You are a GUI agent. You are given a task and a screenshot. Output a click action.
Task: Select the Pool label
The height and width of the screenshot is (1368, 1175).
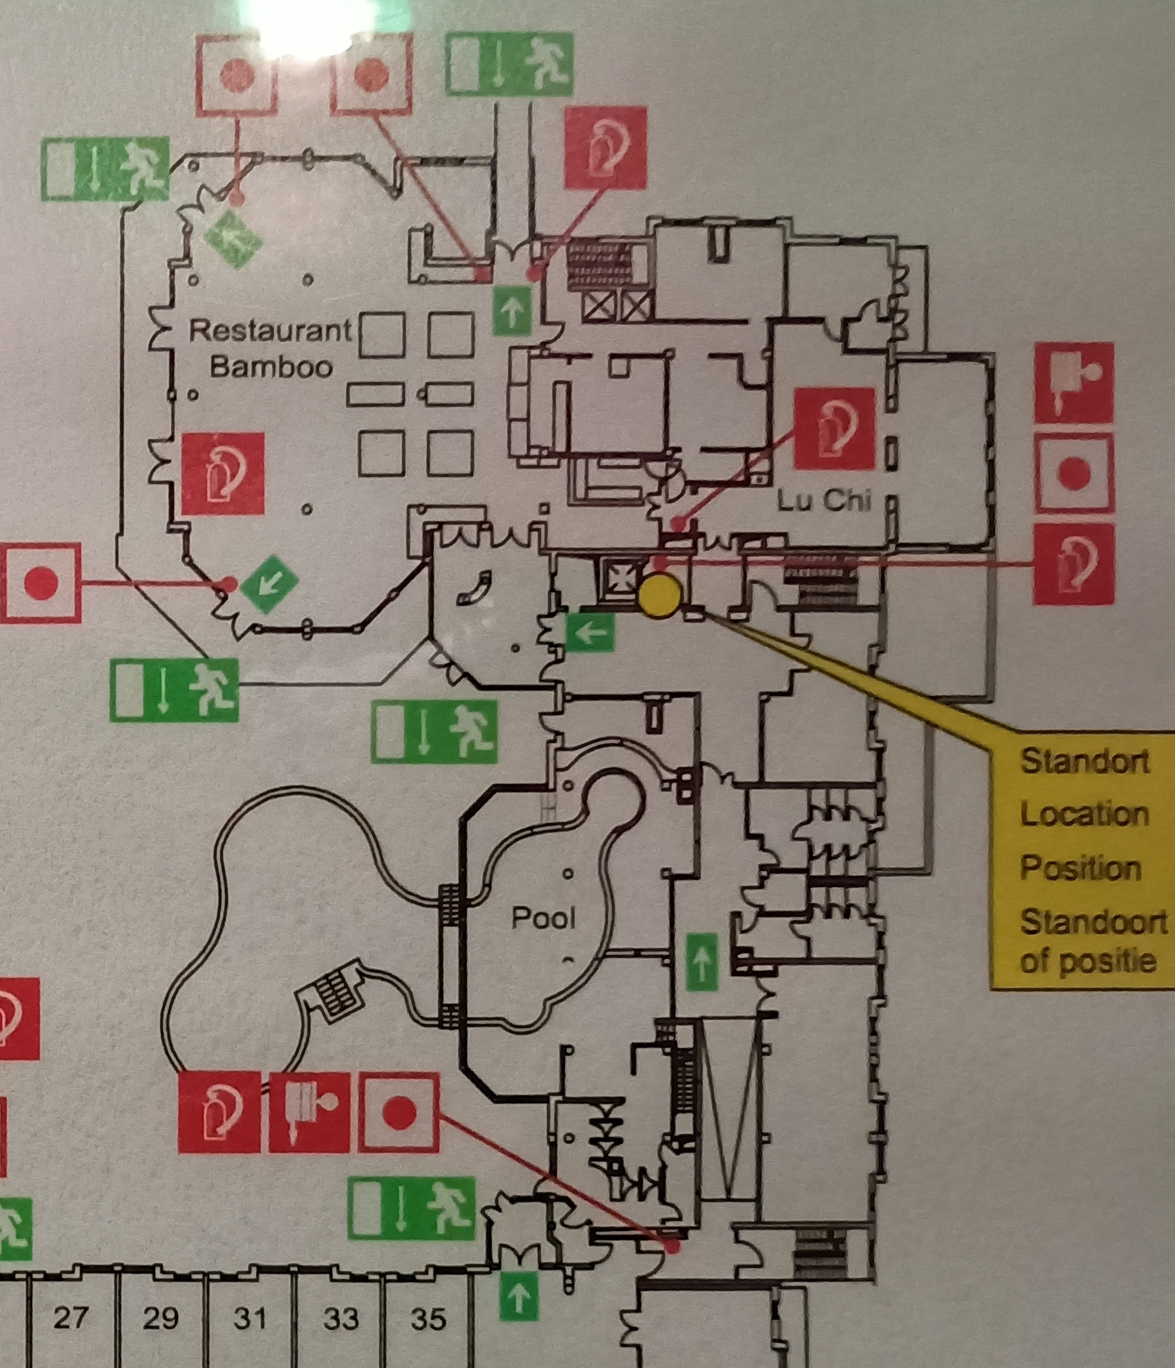coord(543,918)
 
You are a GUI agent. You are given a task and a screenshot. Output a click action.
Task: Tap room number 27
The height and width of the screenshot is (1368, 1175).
coord(70,1318)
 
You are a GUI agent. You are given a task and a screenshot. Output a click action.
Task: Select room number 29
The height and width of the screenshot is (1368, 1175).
coord(160,1318)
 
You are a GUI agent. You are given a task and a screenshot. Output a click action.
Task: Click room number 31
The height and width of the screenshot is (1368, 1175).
coord(251,1318)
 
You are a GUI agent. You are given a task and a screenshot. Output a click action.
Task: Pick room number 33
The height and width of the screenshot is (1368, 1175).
coord(341,1318)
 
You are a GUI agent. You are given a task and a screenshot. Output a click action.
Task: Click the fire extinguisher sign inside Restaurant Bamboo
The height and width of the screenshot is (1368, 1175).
coord(223,473)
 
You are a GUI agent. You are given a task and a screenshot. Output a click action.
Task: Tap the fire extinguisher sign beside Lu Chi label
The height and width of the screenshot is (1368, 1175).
coord(834,429)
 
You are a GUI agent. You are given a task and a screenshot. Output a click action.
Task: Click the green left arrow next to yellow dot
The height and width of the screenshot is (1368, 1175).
coord(590,632)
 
